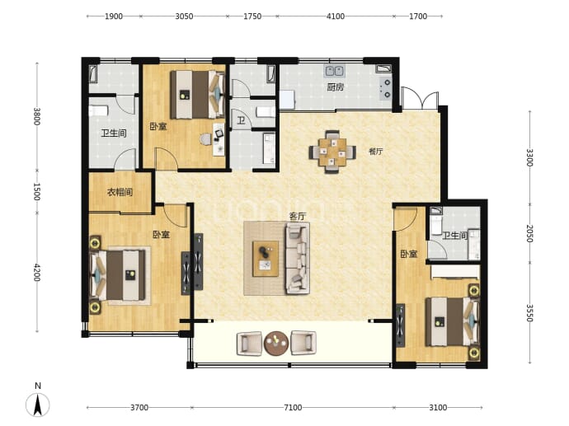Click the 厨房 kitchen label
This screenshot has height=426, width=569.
point(335,87)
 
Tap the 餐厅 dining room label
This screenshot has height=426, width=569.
point(376,151)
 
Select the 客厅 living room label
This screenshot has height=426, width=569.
point(298,217)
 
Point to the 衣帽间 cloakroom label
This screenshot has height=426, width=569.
point(120,192)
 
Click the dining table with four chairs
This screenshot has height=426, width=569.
point(332,152)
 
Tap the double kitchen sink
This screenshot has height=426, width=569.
point(334,71)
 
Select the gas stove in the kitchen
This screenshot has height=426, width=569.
point(385,88)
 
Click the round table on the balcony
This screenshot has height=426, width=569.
point(276,343)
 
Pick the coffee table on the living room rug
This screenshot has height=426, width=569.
point(266,259)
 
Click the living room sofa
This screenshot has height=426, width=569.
point(298,258)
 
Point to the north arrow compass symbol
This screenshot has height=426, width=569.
point(38,404)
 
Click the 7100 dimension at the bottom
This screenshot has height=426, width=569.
point(293,408)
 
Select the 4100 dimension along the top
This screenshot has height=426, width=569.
point(336,16)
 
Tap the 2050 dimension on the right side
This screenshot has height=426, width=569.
point(529,234)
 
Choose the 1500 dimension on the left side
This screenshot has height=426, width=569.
point(36,191)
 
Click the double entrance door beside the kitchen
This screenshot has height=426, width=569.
point(420,98)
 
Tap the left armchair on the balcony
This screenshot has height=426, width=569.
point(249,344)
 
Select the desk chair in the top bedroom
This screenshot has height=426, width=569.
point(205,139)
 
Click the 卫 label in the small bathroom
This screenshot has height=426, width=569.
point(242,120)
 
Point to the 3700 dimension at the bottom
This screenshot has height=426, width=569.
point(139,408)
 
